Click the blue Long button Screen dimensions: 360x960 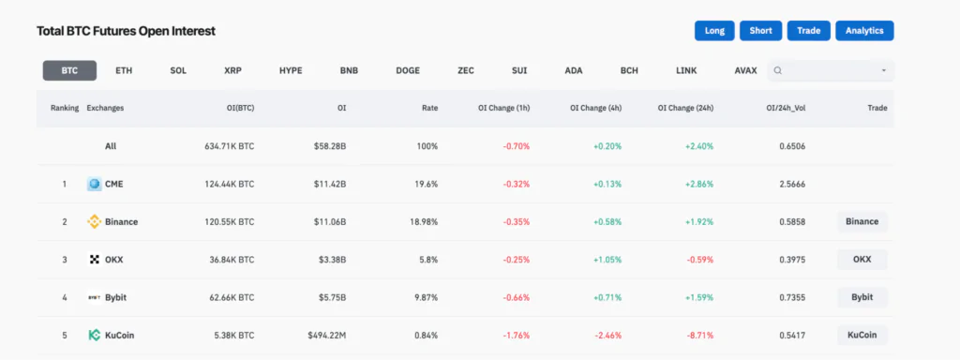pyautogui.click(x=714, y=31)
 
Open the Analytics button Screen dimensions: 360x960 pyautogui.click(x=864, y=31)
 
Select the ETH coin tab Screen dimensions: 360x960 pyautogui.click(x=124, y=70)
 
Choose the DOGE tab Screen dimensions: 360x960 pyautogui.click(x=408, y=70)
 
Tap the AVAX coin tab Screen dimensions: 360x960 pyautogui.click(x=746, y=70)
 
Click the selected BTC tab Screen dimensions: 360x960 pyautogui.click(x=69, y=70)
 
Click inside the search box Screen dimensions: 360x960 pyautogui.click(x=830, y=70)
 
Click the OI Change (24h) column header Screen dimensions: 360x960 pyautogui.click(x=686, y=108)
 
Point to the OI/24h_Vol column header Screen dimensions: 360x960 pyautogui.click(x=786, y=108)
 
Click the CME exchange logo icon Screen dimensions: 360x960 pyautogui.click(x=94, y=184)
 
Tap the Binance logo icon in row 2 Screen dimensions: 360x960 pyautogui.click(x=94, y=222)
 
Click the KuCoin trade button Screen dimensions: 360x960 pyautogui.click(x=862, y=335)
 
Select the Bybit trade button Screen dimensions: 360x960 pyautogui.click(x=862, y=297)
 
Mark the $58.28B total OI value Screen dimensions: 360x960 pyautogui.click(x=330, y=146)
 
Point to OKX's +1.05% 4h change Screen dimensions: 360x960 pyautogui.click(x=606, y=260)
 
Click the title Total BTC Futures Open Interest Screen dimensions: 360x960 pyautogui.click(x=126, y=31)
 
